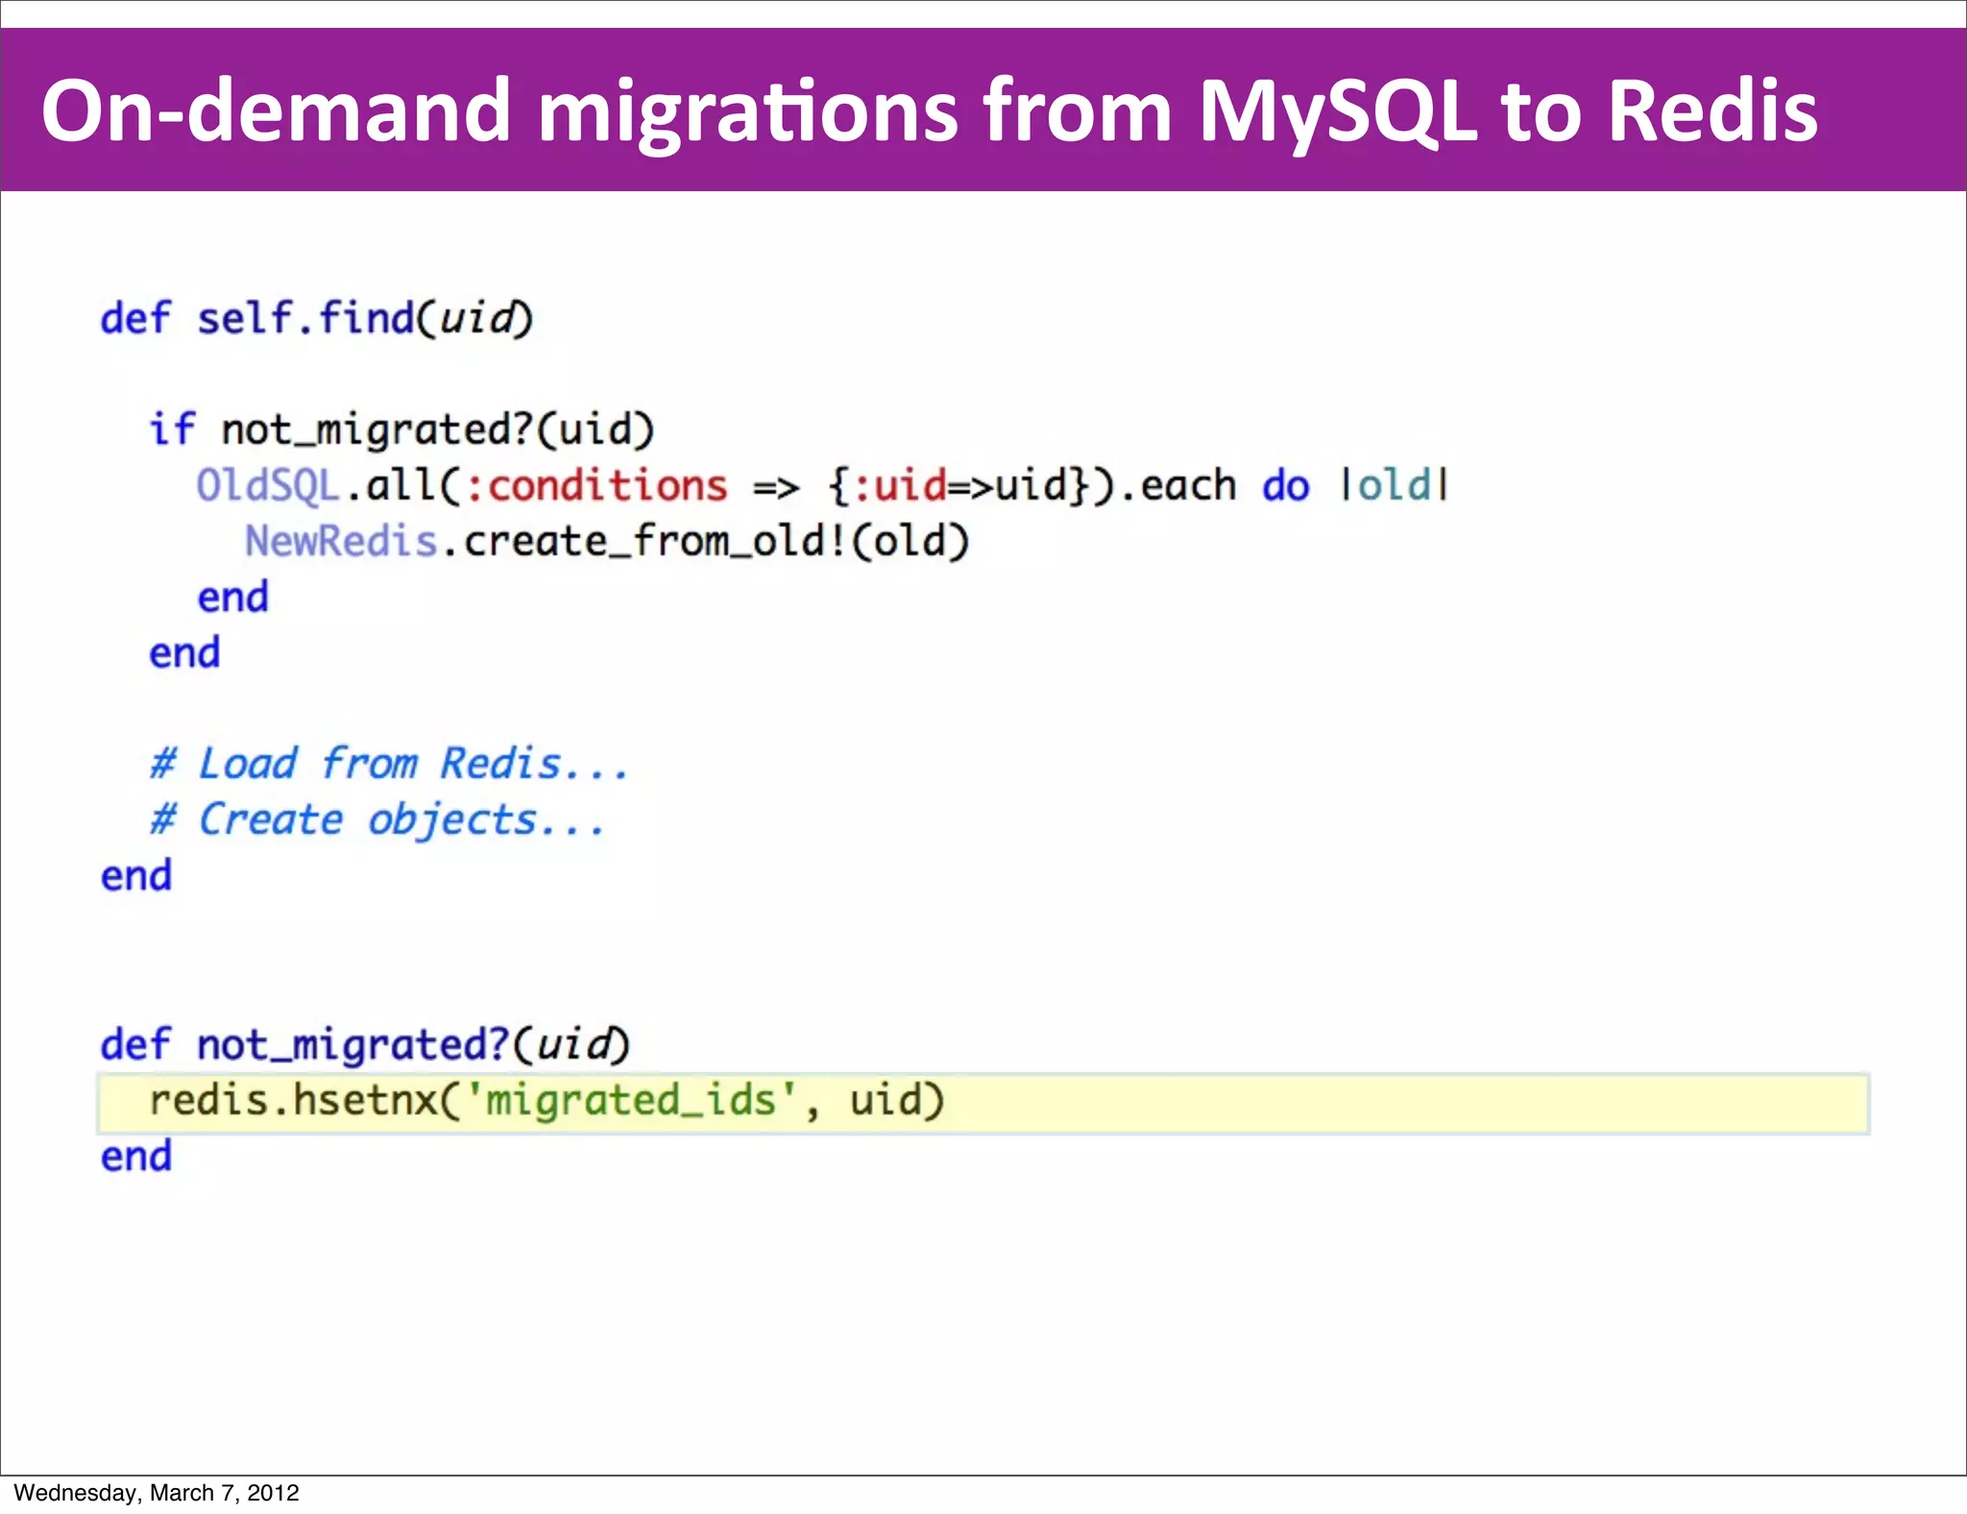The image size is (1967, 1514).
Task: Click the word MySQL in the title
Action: [1338, 111]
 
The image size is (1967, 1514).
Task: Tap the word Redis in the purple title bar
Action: [1712, 111]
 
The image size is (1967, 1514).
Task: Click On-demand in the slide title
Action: [276, 111]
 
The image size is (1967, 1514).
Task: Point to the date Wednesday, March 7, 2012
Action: [157, 1493]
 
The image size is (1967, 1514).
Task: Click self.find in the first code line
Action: [305, 318]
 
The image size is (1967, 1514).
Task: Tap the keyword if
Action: [172, 428]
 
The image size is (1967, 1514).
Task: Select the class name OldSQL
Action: [268, 485]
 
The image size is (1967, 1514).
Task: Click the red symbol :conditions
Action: [596, 485]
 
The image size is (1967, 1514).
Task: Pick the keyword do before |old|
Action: [1285, 485]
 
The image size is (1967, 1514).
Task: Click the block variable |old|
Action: [1395, 485]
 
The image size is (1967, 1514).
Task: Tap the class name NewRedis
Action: [341, 541]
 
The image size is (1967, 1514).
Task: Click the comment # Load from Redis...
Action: [389, 764]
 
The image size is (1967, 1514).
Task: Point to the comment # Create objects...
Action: [377, 819]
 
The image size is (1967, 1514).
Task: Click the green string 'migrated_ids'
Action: [630, 1100]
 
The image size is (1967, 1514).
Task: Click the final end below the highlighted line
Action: [136, 1156]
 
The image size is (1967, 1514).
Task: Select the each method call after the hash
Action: [1187, 485]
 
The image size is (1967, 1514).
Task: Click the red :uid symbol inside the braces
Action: [900, 485]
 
